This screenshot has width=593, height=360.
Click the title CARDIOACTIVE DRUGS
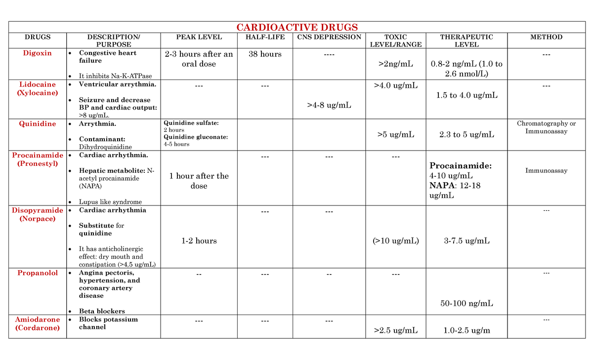(296, 27)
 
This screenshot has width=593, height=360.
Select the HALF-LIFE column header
(265, 37)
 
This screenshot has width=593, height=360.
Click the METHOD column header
(546, 37)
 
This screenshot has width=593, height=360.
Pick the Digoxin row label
(37, 53)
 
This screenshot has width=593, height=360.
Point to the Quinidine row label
(37, 124)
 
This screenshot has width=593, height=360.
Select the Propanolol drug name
(37, 273)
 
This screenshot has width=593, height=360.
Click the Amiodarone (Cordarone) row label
(37, 323)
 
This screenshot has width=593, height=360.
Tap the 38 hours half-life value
(265, 54)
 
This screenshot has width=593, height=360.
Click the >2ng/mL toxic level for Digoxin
(396, 64)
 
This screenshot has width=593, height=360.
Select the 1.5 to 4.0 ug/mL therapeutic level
(466, 95)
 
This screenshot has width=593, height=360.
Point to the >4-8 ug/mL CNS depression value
(329, 105)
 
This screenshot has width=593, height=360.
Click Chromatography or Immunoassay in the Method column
(546, 127)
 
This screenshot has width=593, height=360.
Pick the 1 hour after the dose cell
(199, 181)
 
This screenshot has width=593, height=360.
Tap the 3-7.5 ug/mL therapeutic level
(466, 241)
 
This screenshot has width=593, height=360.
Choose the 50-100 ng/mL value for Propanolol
(466, 303)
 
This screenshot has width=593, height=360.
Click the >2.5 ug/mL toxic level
(396, 330)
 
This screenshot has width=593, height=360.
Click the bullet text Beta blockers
(102, 311)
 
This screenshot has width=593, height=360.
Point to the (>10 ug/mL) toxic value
(396, 241)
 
